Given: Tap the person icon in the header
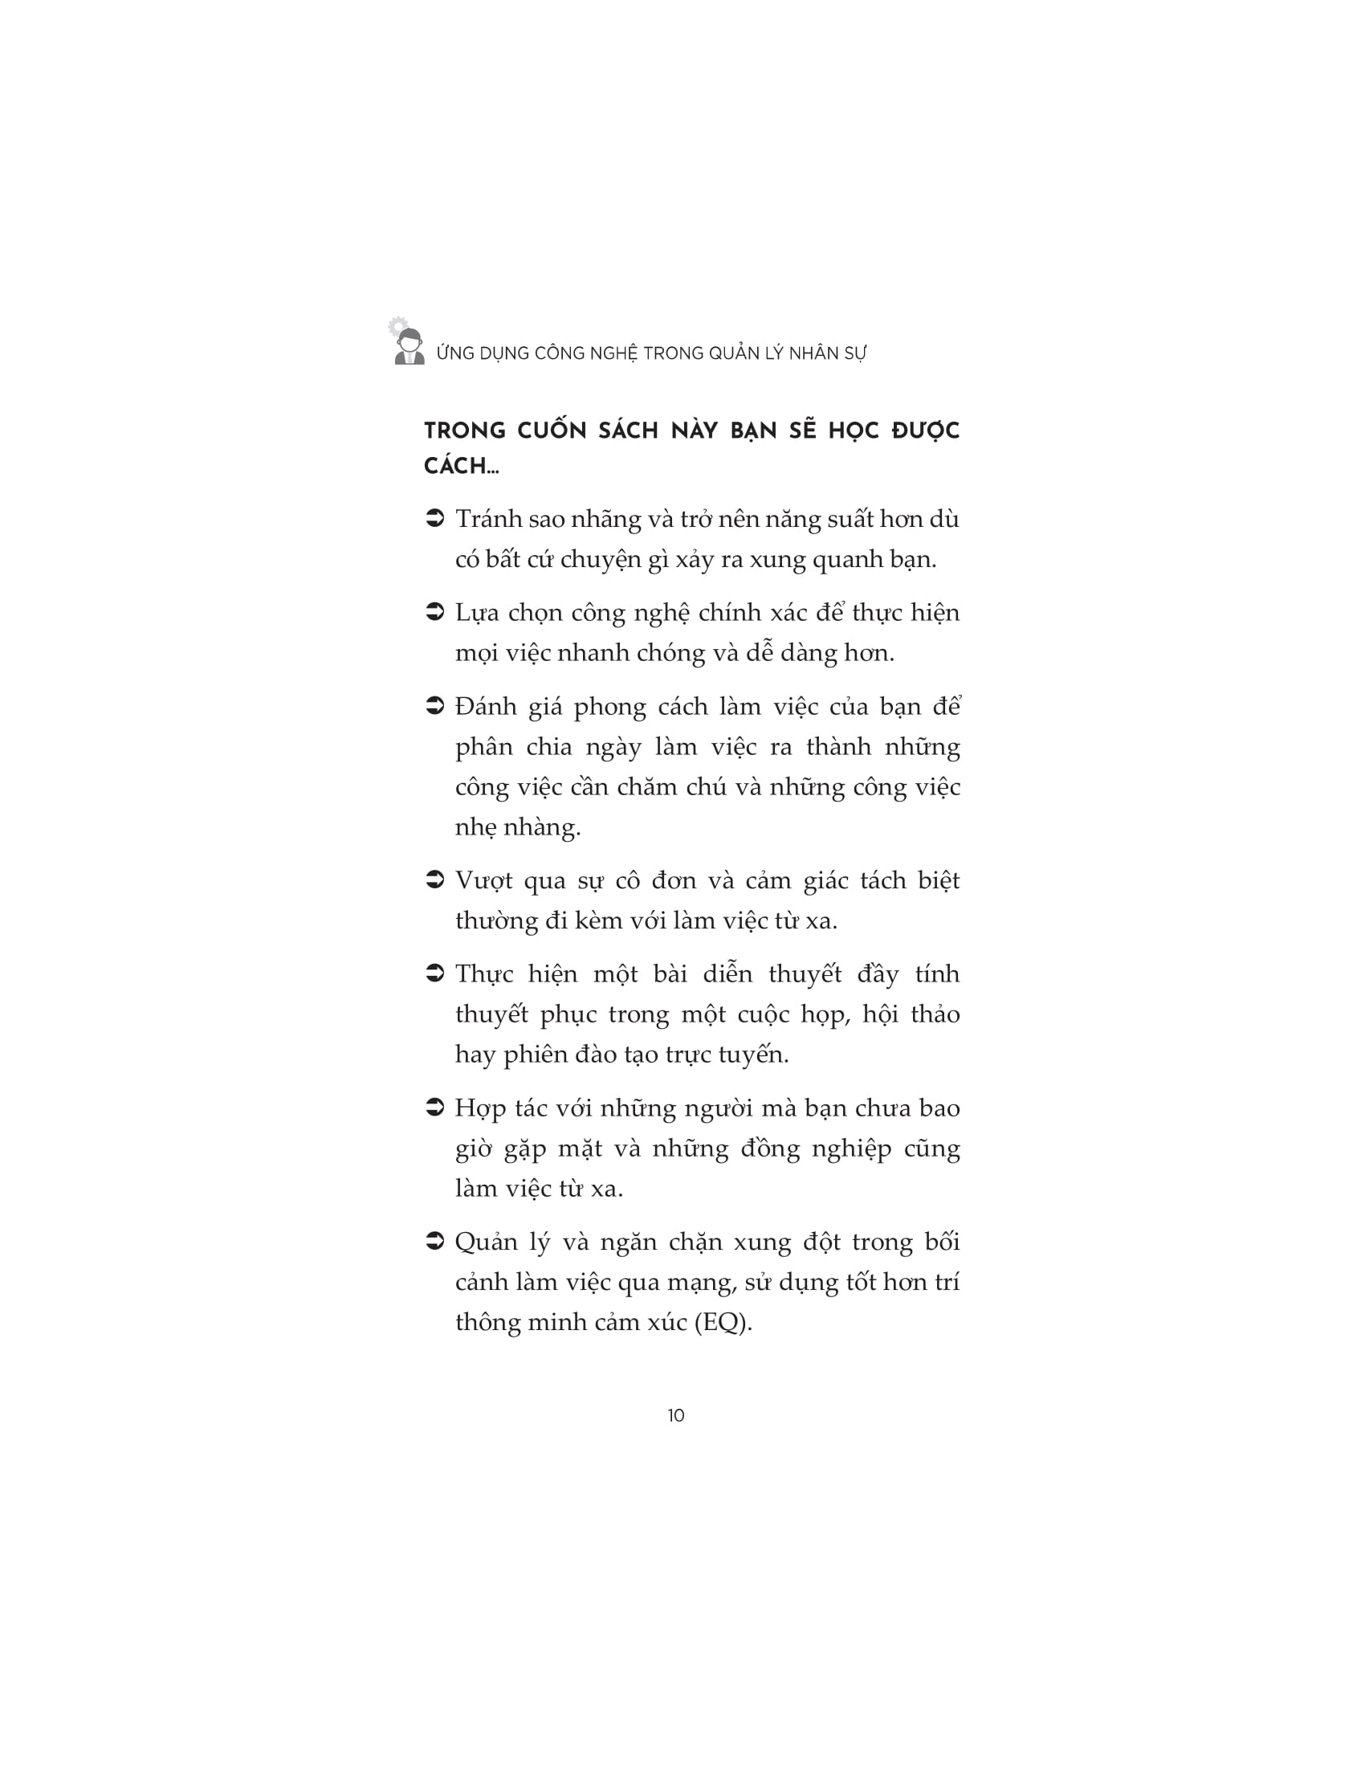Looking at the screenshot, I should tap(410, 347).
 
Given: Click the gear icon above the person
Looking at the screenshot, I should tap(396, 326).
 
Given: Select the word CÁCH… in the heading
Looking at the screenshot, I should tap(461, 467).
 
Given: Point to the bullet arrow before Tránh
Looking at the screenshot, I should tap(435, 519).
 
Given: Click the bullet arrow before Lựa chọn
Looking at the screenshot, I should tap(435, 613).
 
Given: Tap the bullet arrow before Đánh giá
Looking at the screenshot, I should tap(435, 706).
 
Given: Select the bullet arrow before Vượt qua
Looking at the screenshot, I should tap(435, 879).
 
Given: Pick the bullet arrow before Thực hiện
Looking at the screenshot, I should tap(435, 973).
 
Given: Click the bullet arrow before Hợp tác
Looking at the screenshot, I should tap(435, 1108).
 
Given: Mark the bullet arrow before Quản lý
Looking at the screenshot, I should tap(435, 1241).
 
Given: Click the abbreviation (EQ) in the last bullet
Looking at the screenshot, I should tap(723, 1322).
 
